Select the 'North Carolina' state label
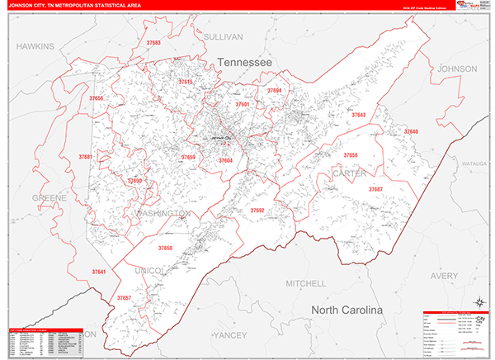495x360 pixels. click(346, 310)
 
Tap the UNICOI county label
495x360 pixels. click(149, 271)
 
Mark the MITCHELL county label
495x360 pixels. click(305, 283)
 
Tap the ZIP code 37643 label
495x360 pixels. click(359, 116)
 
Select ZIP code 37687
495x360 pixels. click(375, 190)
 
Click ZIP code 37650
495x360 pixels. click(165, 248)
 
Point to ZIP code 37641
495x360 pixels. click(99, 272)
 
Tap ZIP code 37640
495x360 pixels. click(410, 132)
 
